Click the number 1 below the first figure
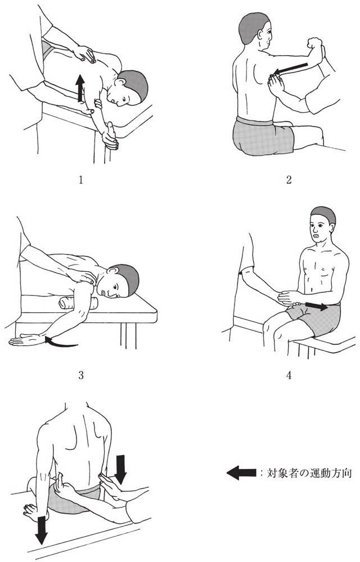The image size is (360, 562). click(x=81, y=179)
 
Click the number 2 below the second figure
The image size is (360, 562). click(x=289, y=179)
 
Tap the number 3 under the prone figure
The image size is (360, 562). click(x=81, y=375)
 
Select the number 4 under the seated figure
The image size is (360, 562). click(x=289, y=375)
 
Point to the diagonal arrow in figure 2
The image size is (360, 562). click(x=290, y=70)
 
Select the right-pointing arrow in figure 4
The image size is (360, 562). click(x=316, y=307)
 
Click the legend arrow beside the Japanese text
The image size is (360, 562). click(x=241, y=473)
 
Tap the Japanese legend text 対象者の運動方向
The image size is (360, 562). click(x=309, y=473)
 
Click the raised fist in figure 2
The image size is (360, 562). click(x=314, y=43)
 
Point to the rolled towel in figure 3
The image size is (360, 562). click(x=78, y=303)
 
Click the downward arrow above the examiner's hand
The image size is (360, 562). click(x=121, y=469)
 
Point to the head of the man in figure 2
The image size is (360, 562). click(x=254, y=31)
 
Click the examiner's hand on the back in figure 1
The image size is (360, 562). click(x=84, y=54)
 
